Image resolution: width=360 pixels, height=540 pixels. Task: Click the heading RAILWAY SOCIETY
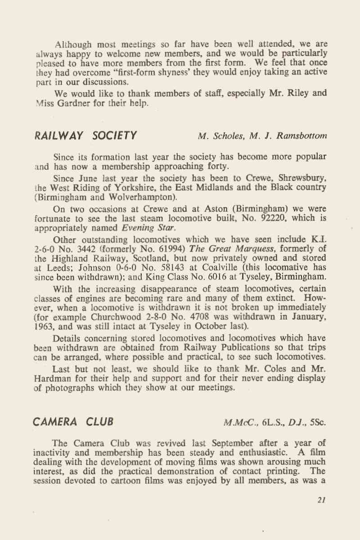click(x=85, y=135)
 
